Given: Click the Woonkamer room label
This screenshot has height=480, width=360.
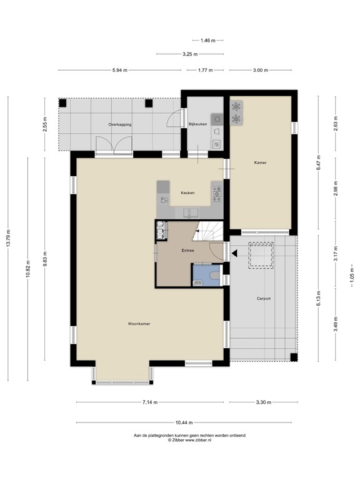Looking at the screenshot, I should pyautogui.click(x=139, y=324).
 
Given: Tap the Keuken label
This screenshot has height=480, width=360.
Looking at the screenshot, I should pyautogui.click(x=187, y=193).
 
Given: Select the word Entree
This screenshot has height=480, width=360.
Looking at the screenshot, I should pyautogui.click(x=187, y=251).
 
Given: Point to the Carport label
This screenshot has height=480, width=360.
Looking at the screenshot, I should pyautogui.click(x=264, y=299).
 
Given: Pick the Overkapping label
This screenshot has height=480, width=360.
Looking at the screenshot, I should pyautogui.click(x=119, y=125).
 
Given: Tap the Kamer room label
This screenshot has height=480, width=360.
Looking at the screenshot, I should pyautogui.click(x=260, y=162).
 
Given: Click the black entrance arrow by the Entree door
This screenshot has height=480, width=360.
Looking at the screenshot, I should pyautogui.click(x=234, y=253).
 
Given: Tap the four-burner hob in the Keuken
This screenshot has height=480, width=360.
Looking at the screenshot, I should pyautogui.click(x=217, y=193).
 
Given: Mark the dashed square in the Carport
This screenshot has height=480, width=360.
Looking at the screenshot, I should pyautogui.click(x=260, y=255).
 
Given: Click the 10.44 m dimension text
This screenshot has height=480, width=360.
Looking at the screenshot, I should pyautogui.click(x=184, y=422).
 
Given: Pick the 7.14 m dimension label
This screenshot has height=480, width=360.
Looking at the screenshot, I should pyautogui.click(x=149, y=402).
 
